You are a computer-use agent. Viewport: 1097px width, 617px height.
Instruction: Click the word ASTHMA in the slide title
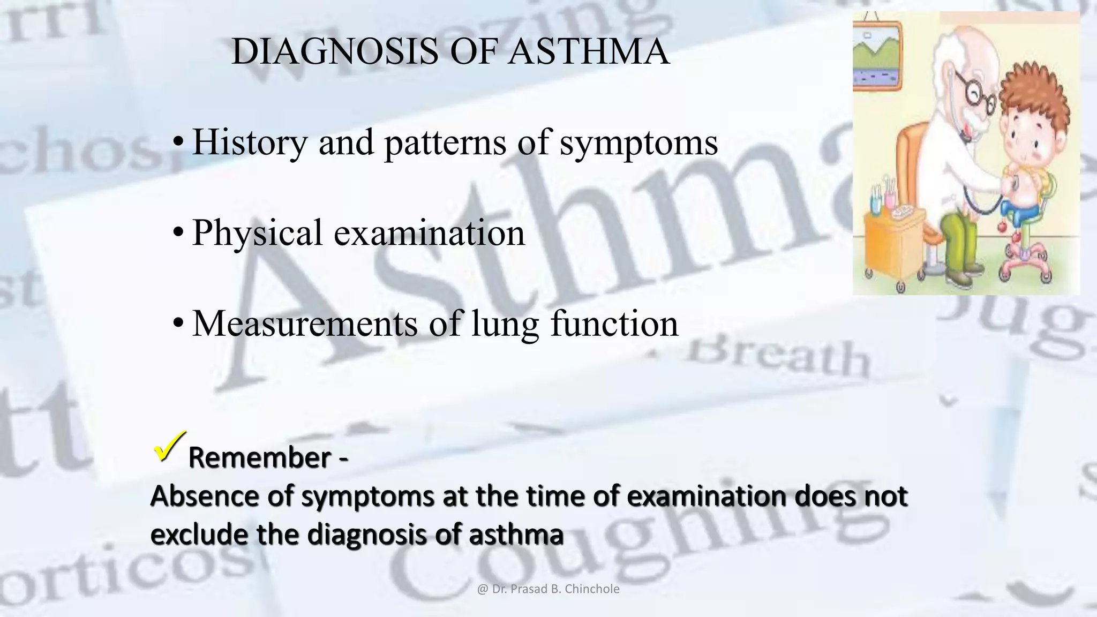coord(589,52)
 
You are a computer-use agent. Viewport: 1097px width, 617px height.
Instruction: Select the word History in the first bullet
coord(250,142)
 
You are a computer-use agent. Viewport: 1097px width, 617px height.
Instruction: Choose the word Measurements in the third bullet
coord(305,323)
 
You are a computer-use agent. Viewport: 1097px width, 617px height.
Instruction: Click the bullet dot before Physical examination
coord(178,233)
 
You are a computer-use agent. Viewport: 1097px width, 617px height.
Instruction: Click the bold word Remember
coord(259,458)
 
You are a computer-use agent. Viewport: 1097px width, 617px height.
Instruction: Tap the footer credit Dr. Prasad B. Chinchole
coord(548,589)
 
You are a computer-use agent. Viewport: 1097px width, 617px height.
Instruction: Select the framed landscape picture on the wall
coord(877,56)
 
